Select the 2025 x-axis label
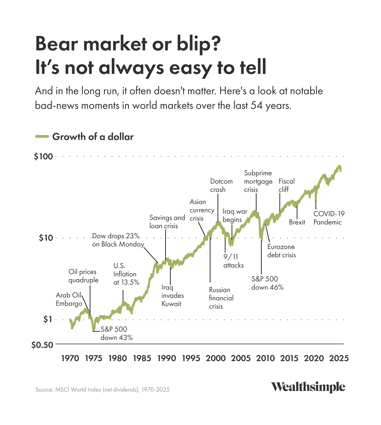(x=338, y=358)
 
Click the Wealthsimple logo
(x=308, y=387)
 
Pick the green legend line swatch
(x=42, y=137)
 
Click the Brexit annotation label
(x=297, y=222)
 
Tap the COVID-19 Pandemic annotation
(x=329, y=218)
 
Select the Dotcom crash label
(x=221, y=185)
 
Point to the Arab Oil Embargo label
(x=69, y=299)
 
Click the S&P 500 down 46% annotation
(x=267, y=283)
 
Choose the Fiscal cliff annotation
(x=286, y=185)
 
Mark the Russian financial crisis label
(x=221, y=298)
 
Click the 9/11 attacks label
(x=233, y=261)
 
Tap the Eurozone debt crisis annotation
(x=281, y=251)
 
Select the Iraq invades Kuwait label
(x=172, y=295)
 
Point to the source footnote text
(x=103, y=389)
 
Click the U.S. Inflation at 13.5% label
(x=126, y=274)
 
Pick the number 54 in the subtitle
(x=256, y=105)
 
